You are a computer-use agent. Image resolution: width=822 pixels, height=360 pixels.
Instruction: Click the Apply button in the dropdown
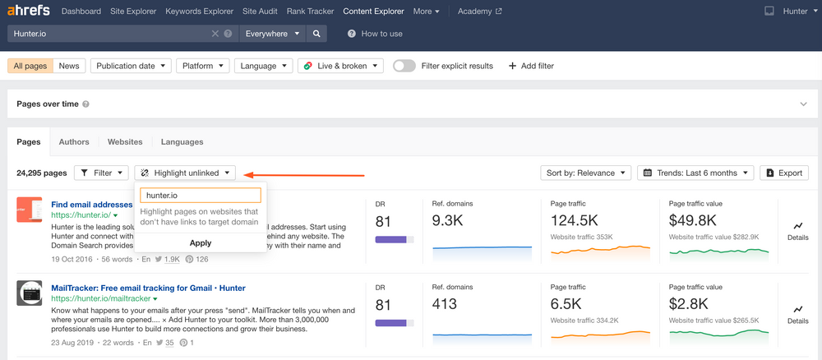point(200,242)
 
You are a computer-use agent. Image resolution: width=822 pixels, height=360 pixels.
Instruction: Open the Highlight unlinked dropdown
point(186,173)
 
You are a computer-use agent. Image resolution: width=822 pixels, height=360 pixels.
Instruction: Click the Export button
point(783,173)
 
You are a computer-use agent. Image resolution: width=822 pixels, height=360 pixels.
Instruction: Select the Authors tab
point(74,141)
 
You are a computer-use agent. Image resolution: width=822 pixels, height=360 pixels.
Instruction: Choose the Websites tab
point(125,141)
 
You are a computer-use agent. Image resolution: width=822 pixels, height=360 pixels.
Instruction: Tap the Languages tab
point(182,141)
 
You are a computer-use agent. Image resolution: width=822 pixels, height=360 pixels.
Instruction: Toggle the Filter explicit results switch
point(404,66)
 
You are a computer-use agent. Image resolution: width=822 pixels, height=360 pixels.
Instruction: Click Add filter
point(531,66)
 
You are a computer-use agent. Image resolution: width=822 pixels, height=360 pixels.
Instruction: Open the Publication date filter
point(132,66)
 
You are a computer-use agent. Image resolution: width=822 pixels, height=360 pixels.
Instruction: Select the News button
point(69,66)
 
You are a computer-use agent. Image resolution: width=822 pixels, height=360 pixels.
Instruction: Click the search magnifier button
point(316,34)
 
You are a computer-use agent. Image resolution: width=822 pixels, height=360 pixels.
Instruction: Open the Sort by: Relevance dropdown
point(586,173)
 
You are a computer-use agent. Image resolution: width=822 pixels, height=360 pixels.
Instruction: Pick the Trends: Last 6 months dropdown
point(695,173)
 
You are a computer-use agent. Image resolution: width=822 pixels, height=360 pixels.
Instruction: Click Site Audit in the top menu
point(260,12)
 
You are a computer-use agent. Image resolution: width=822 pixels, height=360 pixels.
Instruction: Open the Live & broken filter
point(341,66)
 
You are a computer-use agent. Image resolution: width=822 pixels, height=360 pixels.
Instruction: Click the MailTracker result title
point(148,288)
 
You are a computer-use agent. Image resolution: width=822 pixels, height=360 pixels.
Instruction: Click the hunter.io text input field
point(200,196)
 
